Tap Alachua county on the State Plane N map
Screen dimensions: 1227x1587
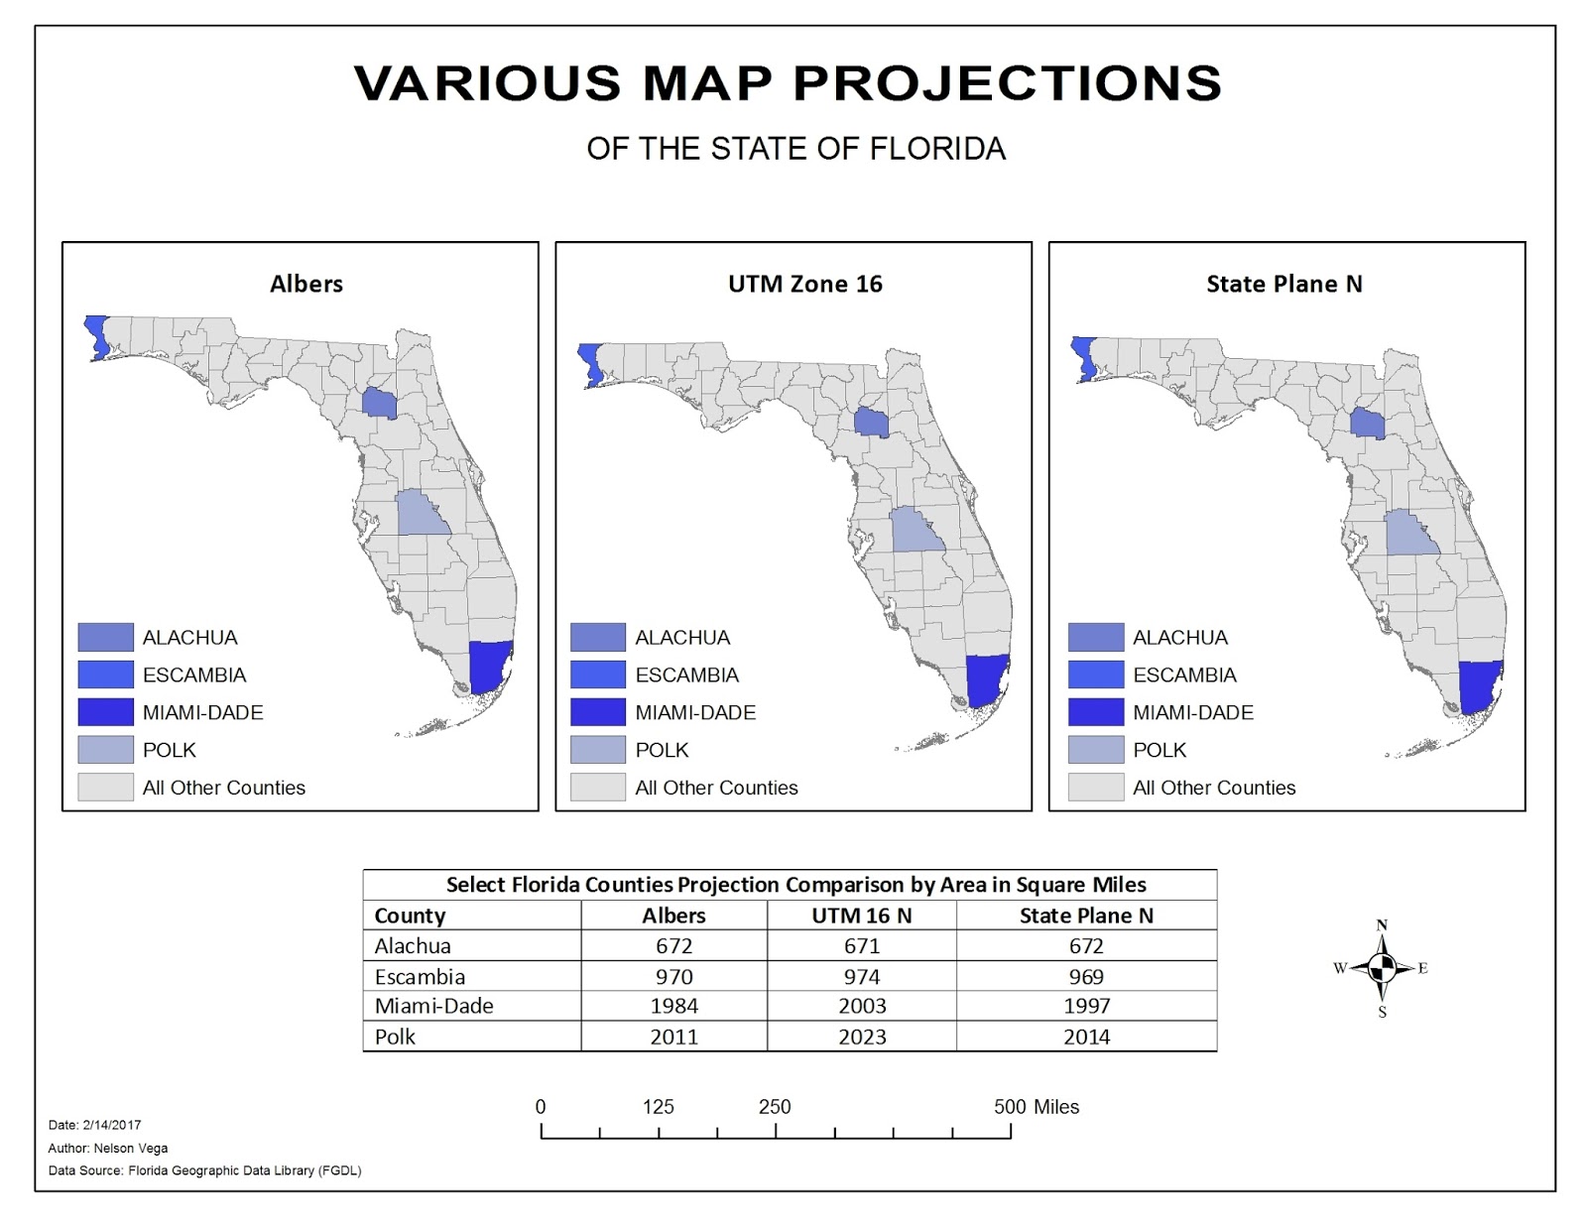click(x=1368, y=424)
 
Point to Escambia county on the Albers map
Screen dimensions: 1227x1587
click(x=97, y=335)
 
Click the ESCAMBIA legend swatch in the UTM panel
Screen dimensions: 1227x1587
click(x=598, y=675)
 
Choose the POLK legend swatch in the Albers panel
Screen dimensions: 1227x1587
click(x=105, y=750)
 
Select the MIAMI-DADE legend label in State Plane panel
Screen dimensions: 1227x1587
click(x=1192, y=712)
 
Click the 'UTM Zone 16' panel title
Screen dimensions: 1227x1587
click(x=804, y=285)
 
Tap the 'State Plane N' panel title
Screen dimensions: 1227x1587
click(x=1283, y=285)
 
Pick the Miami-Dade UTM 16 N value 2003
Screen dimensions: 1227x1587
click(x=862, y=1006)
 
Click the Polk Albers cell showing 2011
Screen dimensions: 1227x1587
click(x=673, y=1037)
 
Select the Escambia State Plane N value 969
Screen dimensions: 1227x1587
click(x=1086, y=976)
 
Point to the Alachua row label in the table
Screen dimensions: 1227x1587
click(x=413, y=946)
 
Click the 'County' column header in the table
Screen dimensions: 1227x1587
click(x=410, y=916)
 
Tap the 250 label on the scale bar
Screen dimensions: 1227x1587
click(x=775, y=1107)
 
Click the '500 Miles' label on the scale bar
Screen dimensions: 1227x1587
click(x=1036, y=1107)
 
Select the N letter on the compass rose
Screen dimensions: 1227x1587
click(x=1382, y=925)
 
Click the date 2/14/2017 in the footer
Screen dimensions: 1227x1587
click(x=112, y=1125)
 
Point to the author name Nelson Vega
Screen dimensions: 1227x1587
click(x=130, y=1148)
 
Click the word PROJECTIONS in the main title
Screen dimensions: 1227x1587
click(x=1000, y=83)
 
